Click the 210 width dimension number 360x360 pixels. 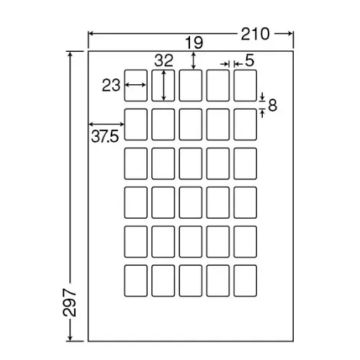255,34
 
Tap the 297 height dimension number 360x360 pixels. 70,302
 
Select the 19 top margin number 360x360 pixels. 194,43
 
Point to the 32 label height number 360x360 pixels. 163,60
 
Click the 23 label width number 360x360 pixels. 111,85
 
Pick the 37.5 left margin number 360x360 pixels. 105,137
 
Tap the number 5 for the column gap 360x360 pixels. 250,60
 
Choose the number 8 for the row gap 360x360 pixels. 272,105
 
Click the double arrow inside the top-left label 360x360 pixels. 135,85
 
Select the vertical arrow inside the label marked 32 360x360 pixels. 163,85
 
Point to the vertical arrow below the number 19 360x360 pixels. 194,61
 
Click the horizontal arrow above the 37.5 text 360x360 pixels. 107,124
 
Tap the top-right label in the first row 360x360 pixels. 245,86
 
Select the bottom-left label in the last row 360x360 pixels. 135,281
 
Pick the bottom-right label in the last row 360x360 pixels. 245,281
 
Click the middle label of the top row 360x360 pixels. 190,86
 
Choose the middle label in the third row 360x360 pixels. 190,163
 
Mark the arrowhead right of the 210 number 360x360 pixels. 289,34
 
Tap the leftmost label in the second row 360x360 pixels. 135,125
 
